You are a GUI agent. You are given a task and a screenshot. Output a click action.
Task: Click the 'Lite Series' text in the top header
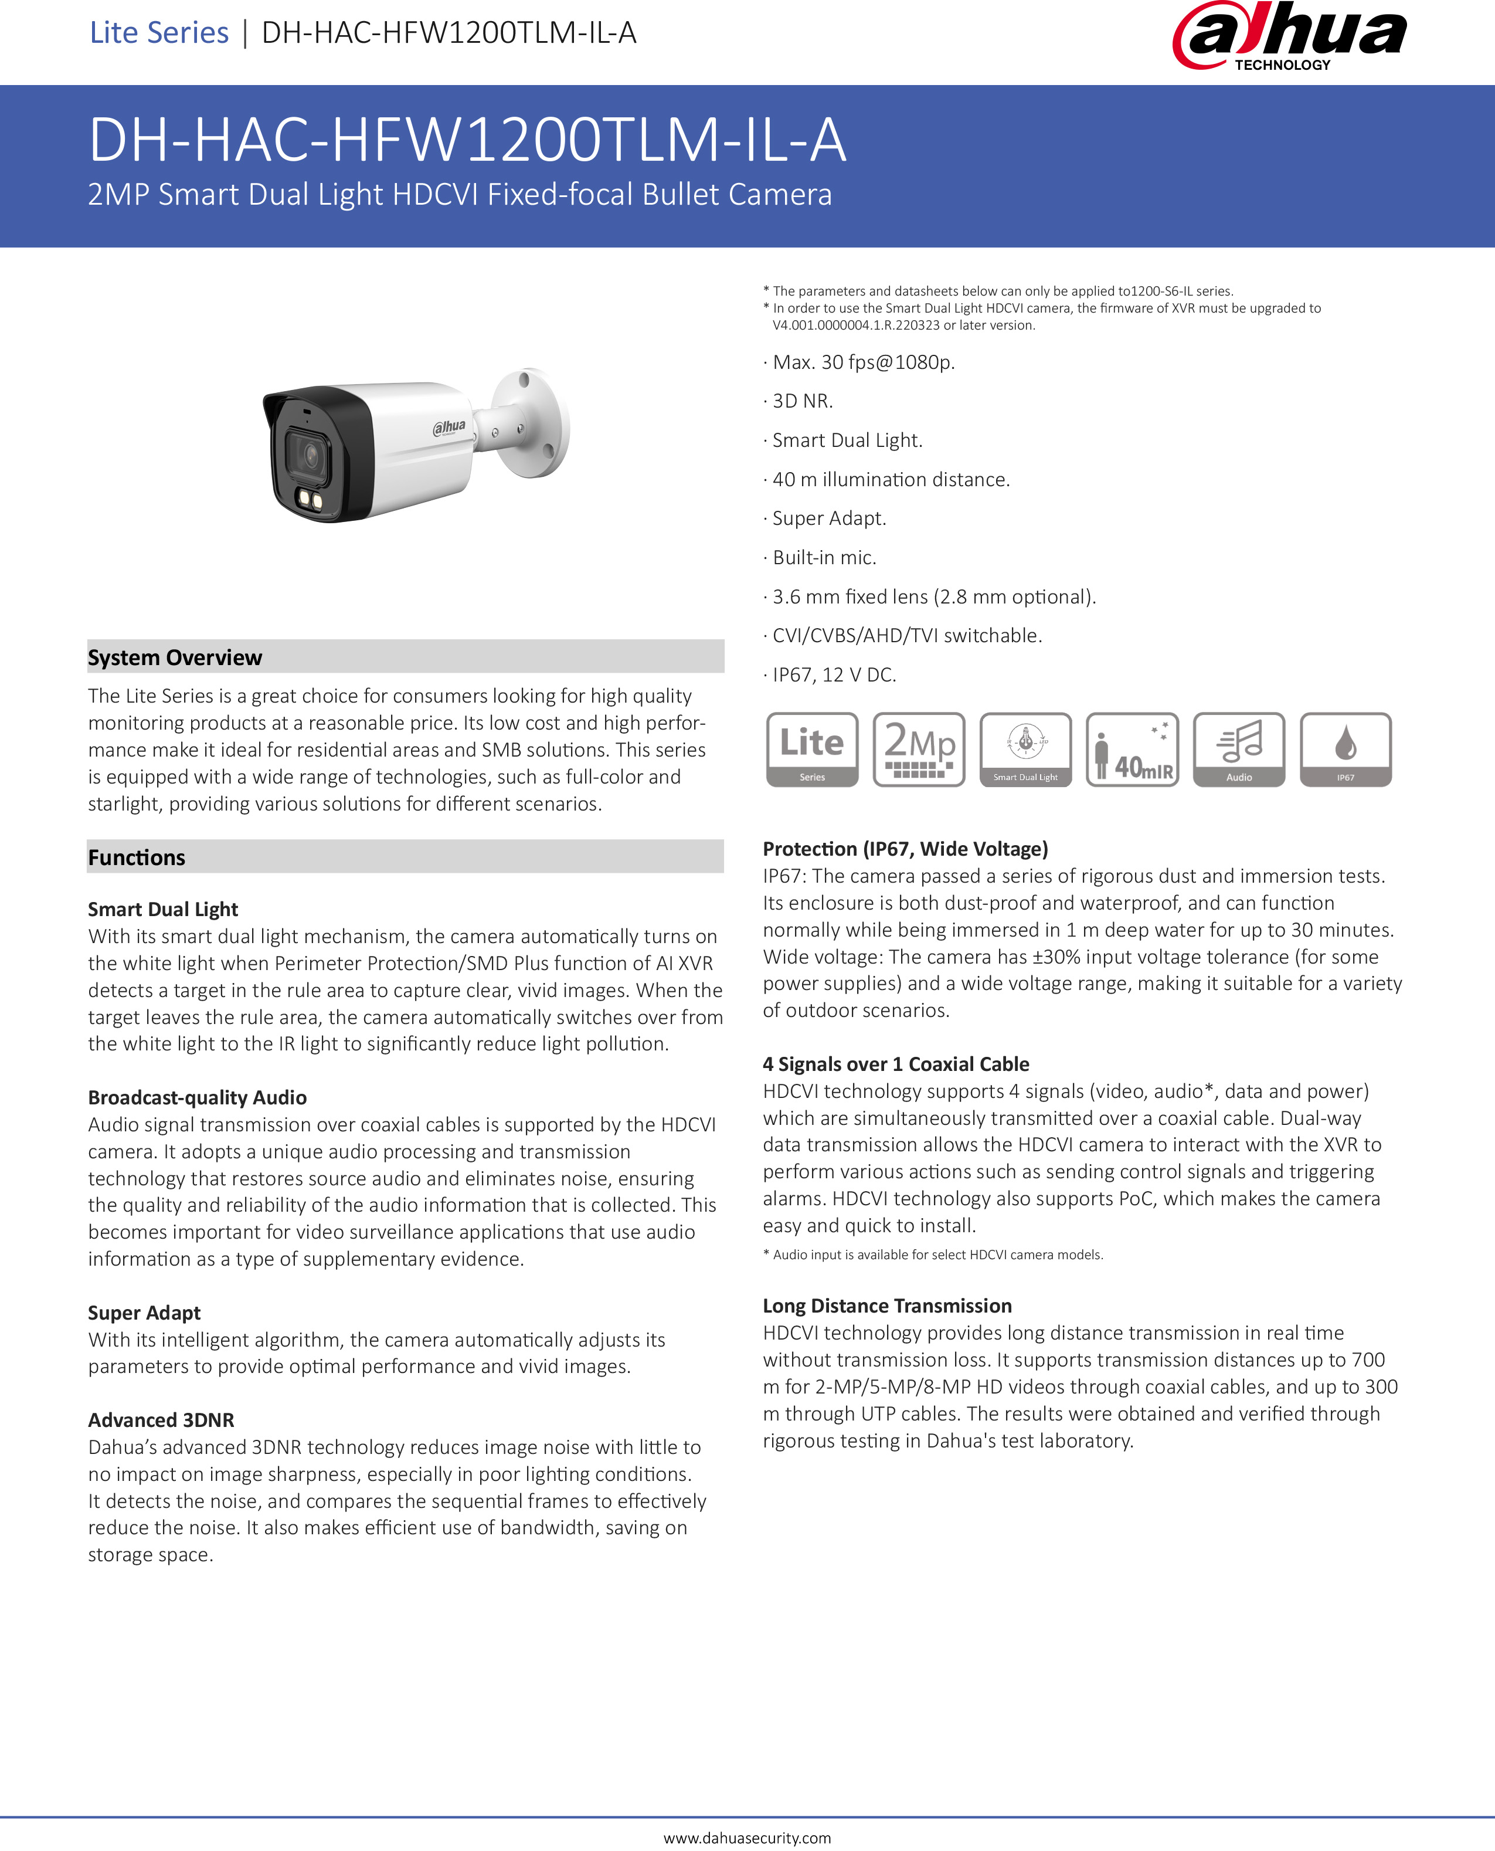coord(159,33)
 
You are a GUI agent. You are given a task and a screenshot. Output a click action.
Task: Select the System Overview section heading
coord(175,657)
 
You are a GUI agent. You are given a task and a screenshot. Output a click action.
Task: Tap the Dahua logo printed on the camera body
coord(448,426)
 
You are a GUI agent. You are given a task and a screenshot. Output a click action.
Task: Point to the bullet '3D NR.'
coord(802,401)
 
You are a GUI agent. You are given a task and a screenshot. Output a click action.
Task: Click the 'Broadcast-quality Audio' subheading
coord(197,1097)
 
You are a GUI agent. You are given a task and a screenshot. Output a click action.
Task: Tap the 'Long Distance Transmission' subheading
coord(887,1306)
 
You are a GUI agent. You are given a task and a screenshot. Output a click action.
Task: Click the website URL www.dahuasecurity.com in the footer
coord(747,1838)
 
